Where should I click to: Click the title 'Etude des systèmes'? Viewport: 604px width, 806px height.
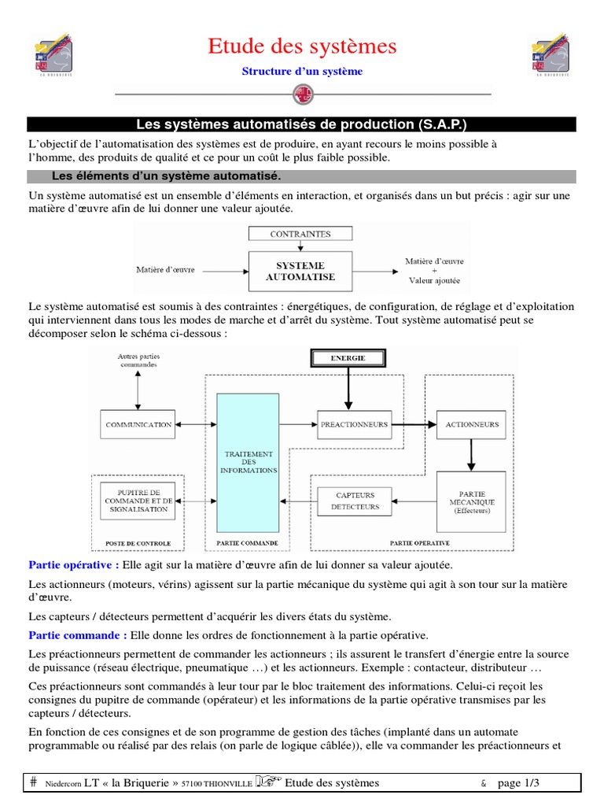pyautogui.click(x=302, y=46)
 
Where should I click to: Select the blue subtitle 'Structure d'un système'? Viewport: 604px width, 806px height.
pyautogui.click(x=302, y=72)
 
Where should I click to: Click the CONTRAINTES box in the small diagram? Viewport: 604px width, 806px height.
pyautogui.click(x=300, y=234)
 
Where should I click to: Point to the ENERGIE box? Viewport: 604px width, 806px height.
pyautogui.click(x=348, y=358)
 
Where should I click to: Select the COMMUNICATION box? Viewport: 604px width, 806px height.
pyautogui.click(x=138, y=424)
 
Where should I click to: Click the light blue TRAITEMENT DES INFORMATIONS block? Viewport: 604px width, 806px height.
pyautogui.click(x=249, y=462)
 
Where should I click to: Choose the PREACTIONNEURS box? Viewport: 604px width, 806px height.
pyautogui.click(x=354, y=424)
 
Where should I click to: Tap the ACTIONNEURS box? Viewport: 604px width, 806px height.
pyautogui.click(x=472, y=424)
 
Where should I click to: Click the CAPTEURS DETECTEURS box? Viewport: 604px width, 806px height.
pyautogui.click(x=355, y=501)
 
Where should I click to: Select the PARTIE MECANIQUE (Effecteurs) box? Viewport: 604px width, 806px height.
pyautogui.click(x=472, y=501)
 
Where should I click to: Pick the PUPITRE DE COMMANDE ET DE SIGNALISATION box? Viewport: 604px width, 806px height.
pyautogui.click(x=138, y=501)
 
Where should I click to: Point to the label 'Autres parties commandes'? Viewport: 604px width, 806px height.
pyautogui.click(x=138, y=360)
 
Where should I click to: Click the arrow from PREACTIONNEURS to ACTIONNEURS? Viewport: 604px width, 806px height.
pyautogui.click(x=414, y=425)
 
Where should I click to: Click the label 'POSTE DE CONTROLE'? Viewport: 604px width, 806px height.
pyautogui.click(x=138, y=543)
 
